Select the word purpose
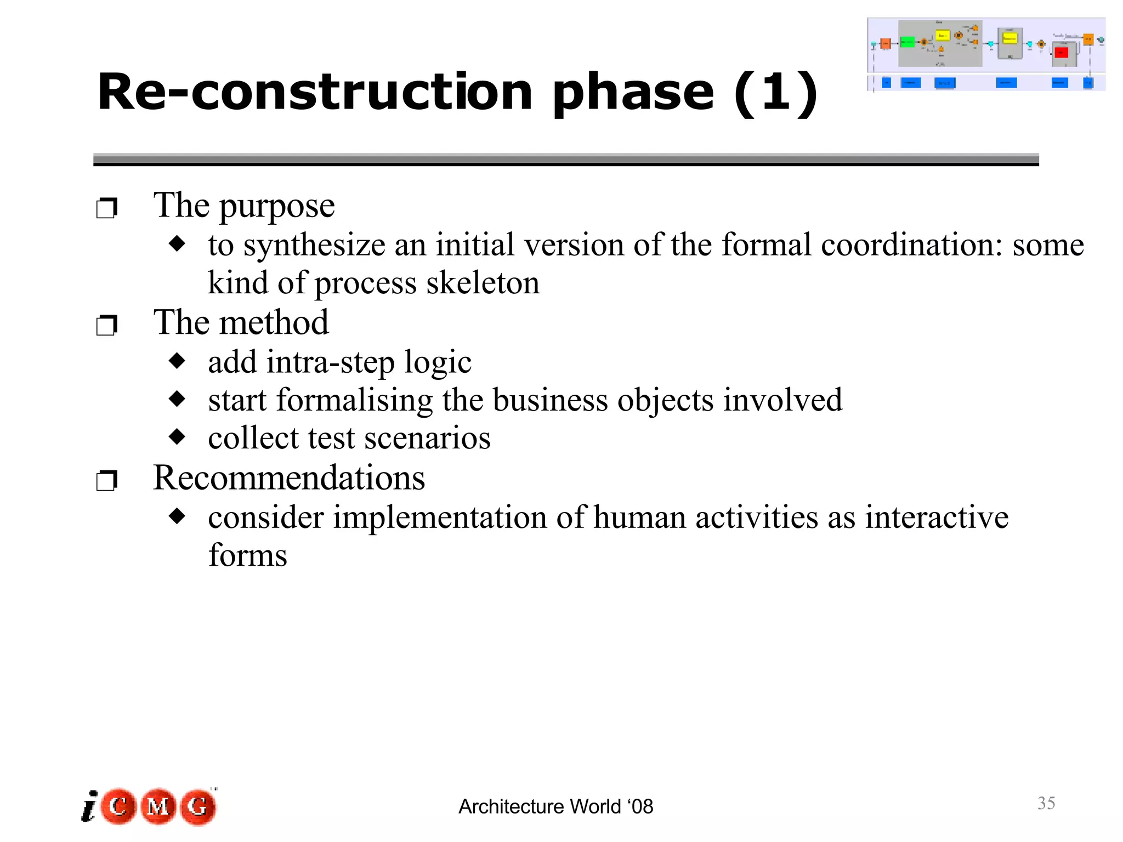coord(277,207)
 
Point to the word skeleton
coord(483,283)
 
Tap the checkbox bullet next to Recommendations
coord(106,481)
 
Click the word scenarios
coord(427,439)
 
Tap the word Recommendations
coord(289,478)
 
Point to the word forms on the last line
coord(248,555)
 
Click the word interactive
coord(937,517)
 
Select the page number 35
coord(1046,803)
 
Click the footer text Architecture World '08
coord(555,807)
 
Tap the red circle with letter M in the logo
coord(158,806)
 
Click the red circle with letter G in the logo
coord(198,806)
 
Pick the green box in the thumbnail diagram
coord(908,42)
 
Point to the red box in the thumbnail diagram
coord(1062,53)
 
